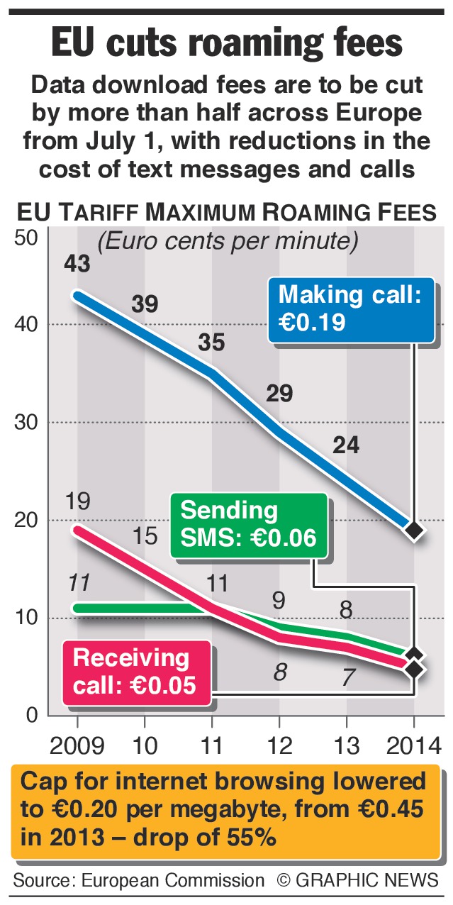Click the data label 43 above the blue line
tap(77, 265)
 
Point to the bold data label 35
tap(211, 343)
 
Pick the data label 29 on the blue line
tap(279, 394)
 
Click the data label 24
tap(346, 445)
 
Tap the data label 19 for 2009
tap(77, 502)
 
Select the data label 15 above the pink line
tap(145, 536)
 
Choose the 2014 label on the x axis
tap(414, 745)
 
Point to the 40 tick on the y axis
tap(26, 325)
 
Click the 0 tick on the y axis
tap(32, 716)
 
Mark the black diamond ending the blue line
tap(414, 530)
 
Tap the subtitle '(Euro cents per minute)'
tap(227, 242)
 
